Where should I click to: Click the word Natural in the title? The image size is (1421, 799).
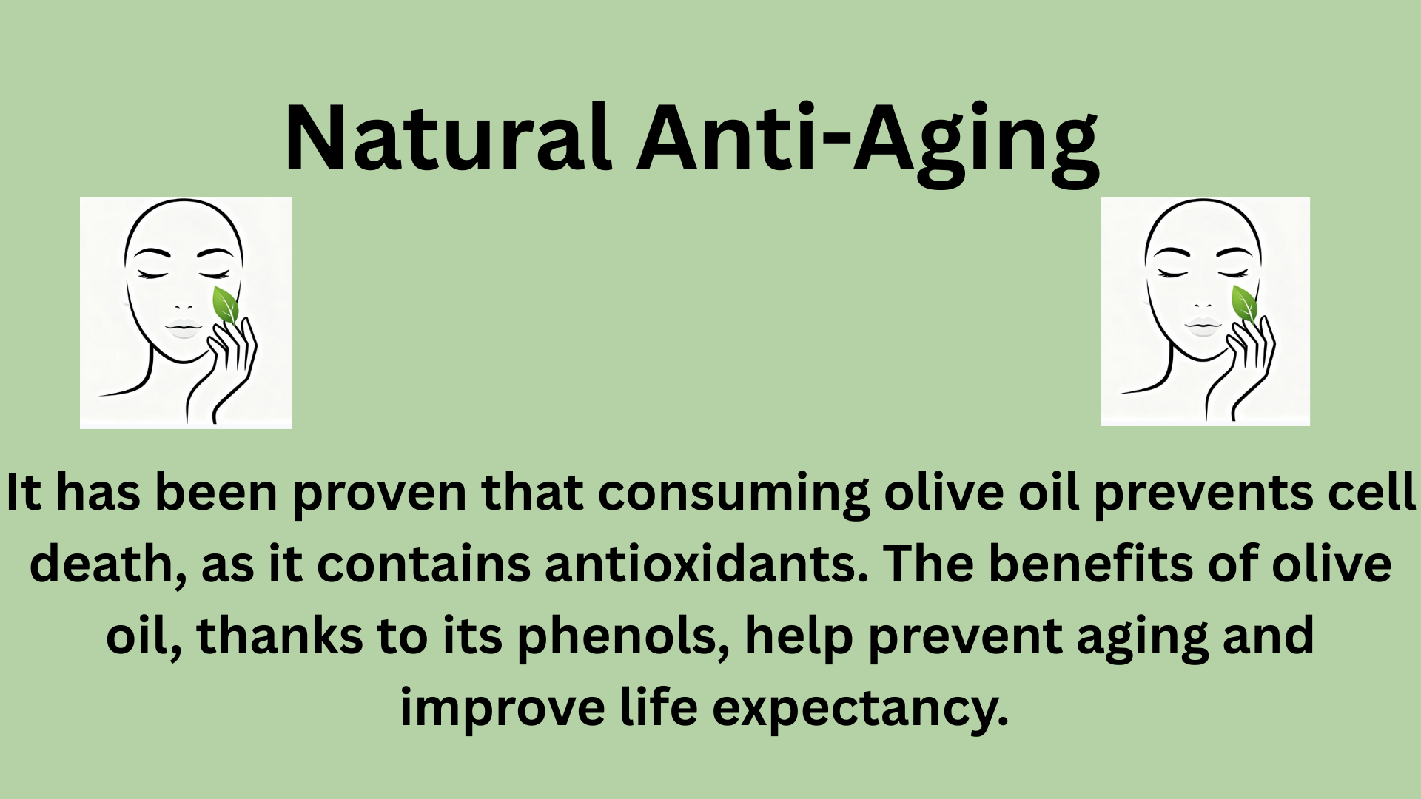[448, 138]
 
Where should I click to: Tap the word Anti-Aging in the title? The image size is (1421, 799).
[867, 141]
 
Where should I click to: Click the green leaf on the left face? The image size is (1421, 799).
[225, 305]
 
